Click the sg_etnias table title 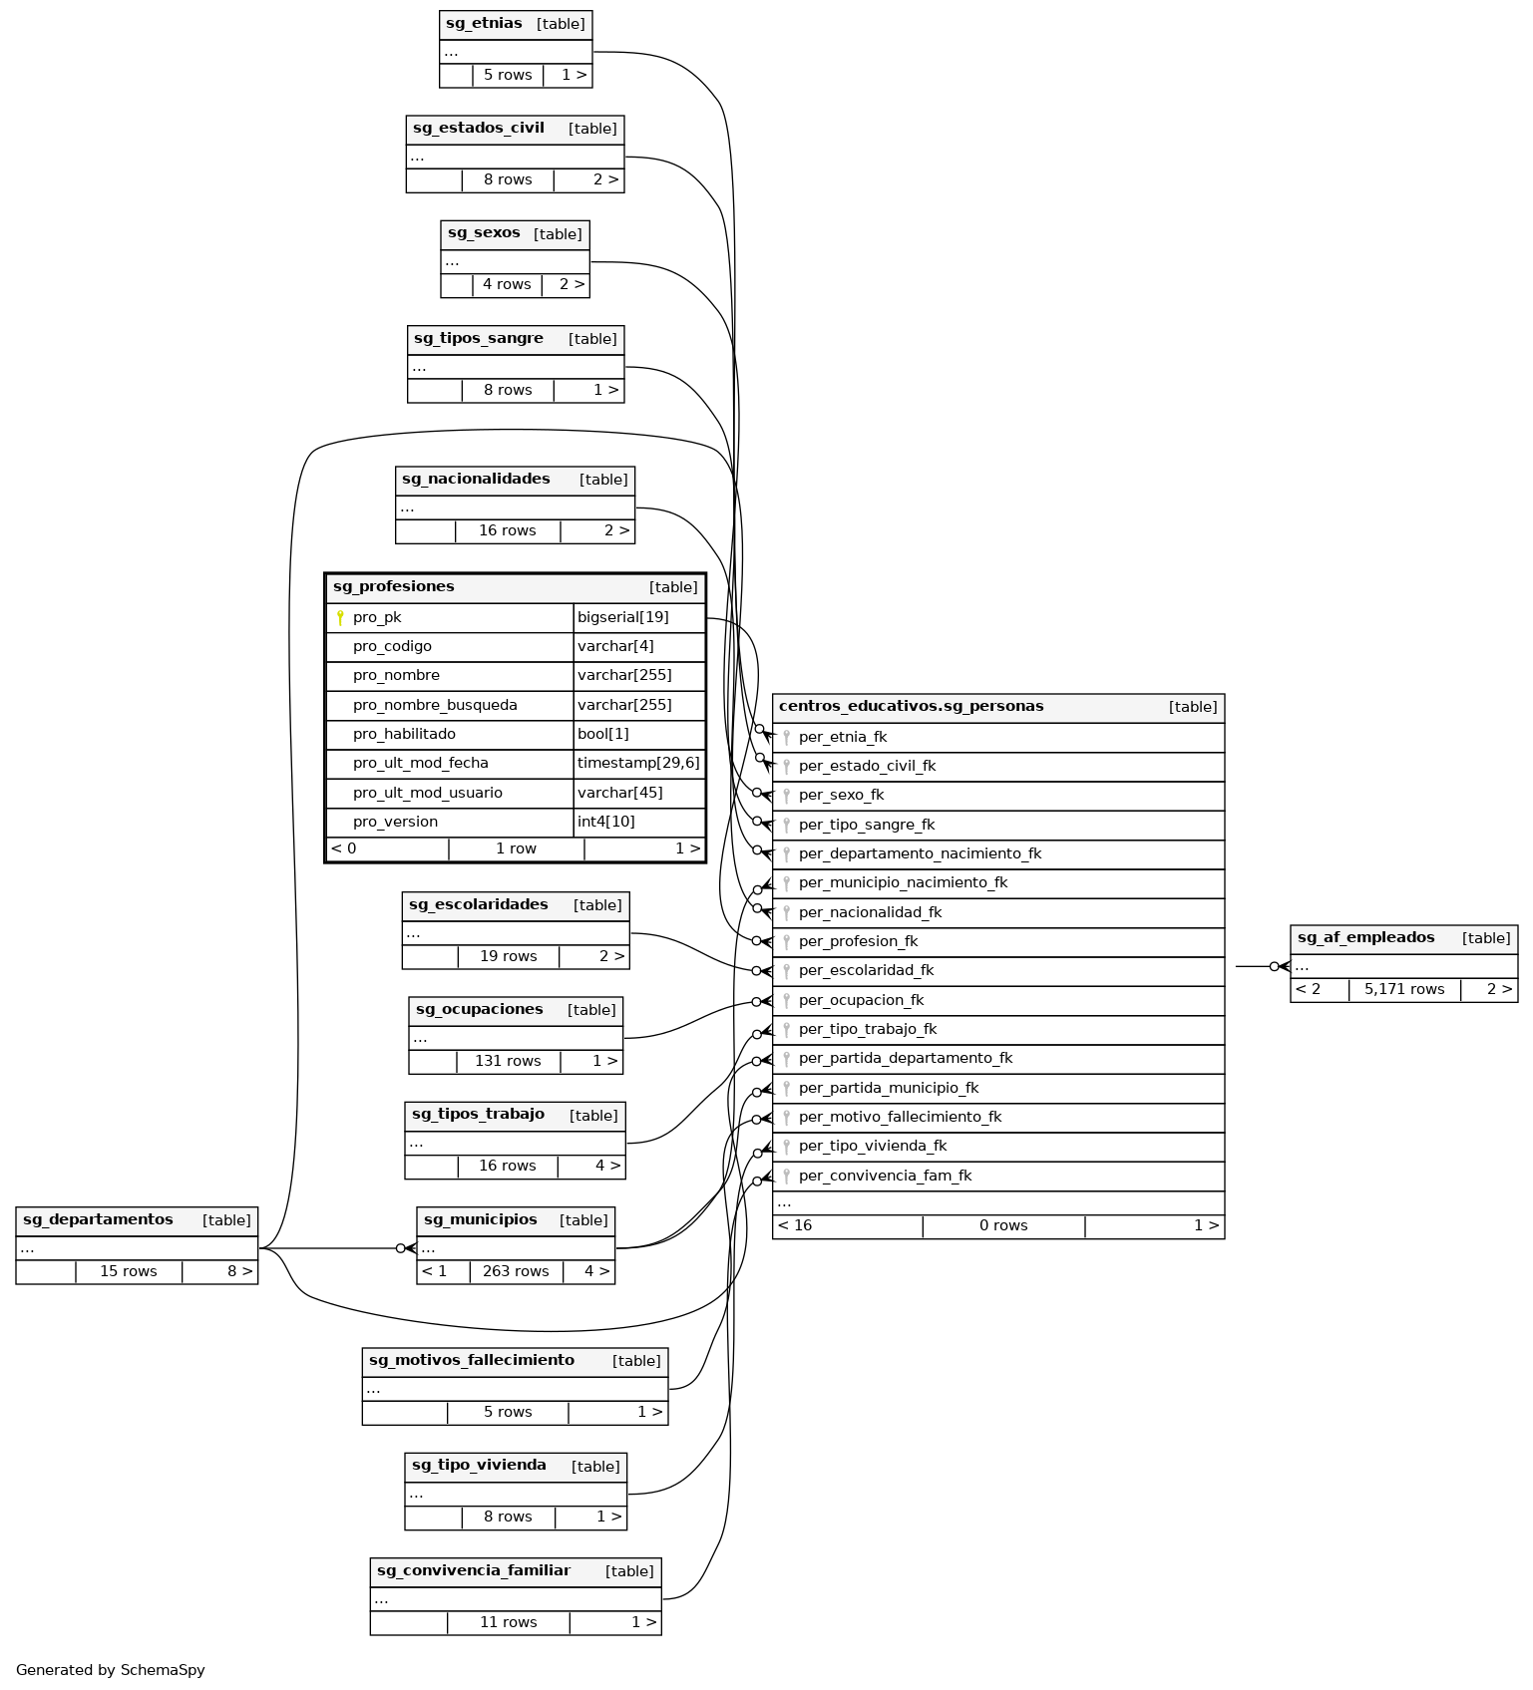(x=484, y=23)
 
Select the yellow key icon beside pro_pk (x=340, y=617)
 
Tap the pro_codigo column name (x=392, y=646)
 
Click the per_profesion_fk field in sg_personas (x=858, y=941)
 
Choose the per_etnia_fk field (x=842, y=737)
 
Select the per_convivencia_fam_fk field (x=885, y=1176)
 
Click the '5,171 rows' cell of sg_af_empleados (x=1403, y=989)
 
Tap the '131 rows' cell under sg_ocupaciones (x=508, y=1061)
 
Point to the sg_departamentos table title (x=98, y=1219)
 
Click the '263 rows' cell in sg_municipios (x=516, y=1271)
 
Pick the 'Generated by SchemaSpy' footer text (x=110, y=1669)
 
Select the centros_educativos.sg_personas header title (x=911, y=706)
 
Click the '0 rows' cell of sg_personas (x=1002, y=1225)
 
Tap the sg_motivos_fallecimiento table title (x=471, y=1360)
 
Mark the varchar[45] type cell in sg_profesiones (x=619, y=793)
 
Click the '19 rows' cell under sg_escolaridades (x=508, y=956)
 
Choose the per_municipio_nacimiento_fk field (x=903, y=882)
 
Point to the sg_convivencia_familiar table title (x=473, y=1570)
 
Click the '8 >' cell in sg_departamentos (x=239, y=1271)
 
